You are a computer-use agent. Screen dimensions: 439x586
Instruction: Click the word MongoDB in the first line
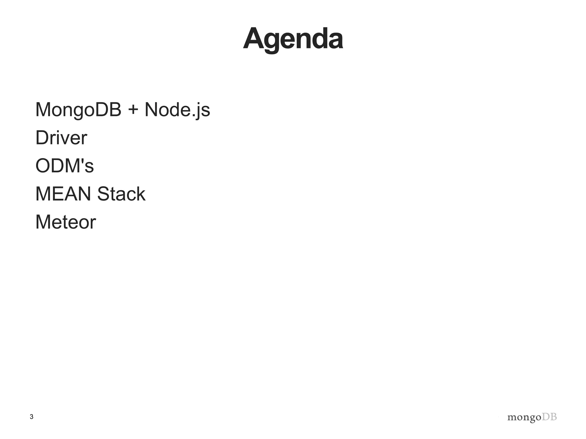point(78,110)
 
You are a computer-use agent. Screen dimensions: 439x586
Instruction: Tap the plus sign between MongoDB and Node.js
point(133,110)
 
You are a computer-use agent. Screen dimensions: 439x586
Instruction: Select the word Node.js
point(177,110)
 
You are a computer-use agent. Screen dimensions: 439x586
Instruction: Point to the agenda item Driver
point(61,138)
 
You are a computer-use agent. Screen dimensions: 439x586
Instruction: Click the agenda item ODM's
point(64,166)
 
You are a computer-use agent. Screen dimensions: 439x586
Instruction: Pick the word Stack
point(121,194)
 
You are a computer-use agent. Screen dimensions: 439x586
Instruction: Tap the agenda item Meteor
point(66,222)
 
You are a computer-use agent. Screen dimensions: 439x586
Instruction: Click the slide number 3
point(31,417)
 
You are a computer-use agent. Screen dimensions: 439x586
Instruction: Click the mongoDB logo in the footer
point(532,417)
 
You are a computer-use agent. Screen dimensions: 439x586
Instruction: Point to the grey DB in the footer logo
point(549,417)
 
